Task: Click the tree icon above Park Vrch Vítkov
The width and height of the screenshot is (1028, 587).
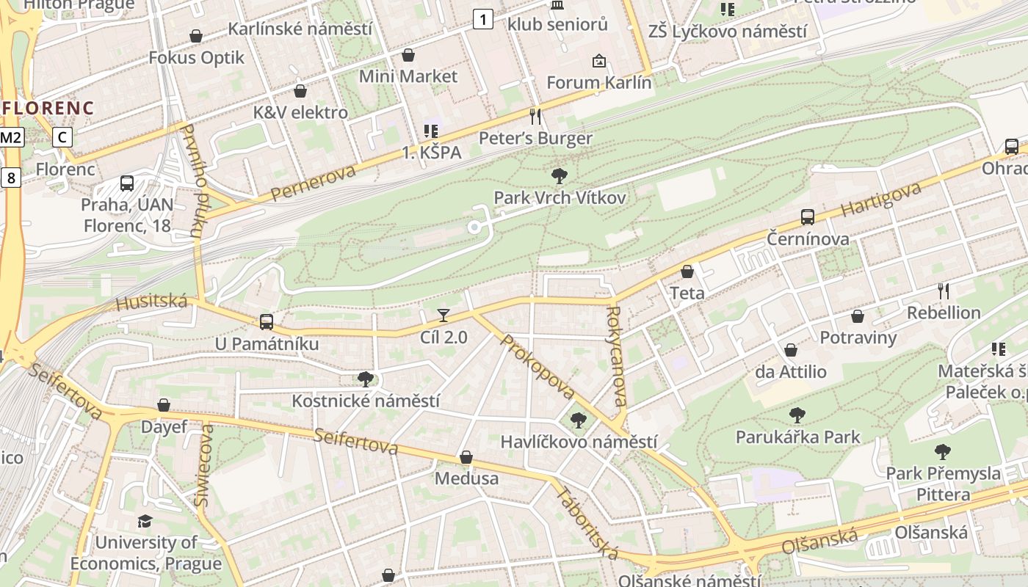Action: pos(560,175)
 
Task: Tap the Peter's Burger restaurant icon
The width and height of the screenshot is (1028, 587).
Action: pos(535,116)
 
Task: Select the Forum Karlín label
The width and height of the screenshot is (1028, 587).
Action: pos(598,82)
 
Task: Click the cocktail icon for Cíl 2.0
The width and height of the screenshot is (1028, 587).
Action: pos(444,316)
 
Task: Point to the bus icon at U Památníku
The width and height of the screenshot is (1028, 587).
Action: pos(267,321)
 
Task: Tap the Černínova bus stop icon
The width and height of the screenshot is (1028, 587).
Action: pos(808,216)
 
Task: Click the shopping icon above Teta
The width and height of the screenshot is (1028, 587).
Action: pos(687,271)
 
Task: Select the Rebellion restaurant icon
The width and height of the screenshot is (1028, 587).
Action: pos(944,291)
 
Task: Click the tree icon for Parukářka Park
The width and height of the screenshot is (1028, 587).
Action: pos(797,415)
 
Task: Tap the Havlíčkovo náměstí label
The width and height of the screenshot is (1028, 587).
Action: pos(579,442)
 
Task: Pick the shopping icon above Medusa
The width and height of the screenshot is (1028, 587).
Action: pos(466,458)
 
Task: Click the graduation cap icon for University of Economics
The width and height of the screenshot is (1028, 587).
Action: pos(145,521)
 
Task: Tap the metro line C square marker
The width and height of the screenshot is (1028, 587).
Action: pos(63,136)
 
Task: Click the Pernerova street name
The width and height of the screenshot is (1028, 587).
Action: pos(313,183)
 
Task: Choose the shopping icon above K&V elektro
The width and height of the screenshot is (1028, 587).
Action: pos(300,91)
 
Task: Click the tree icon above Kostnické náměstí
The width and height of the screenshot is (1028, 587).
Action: pos(365,379)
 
